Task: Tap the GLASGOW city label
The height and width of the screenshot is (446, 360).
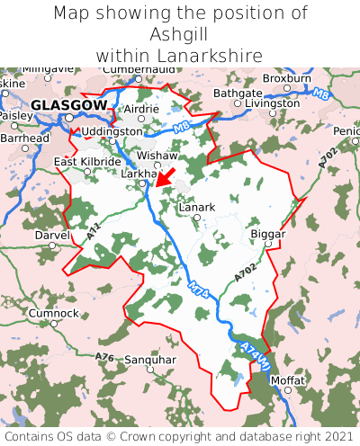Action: coord(68,105)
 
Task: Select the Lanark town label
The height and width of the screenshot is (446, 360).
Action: coord(197,207)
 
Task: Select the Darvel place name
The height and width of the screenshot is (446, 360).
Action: coord(51,234)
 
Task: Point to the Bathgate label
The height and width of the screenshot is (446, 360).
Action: coord(238,93)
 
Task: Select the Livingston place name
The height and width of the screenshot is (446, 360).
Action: coord(273,103)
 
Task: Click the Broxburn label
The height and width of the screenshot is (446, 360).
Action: coord(286,78)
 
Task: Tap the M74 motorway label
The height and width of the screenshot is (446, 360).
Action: coord(199,298)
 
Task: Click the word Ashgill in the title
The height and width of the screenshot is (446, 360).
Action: coord(180,34)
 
